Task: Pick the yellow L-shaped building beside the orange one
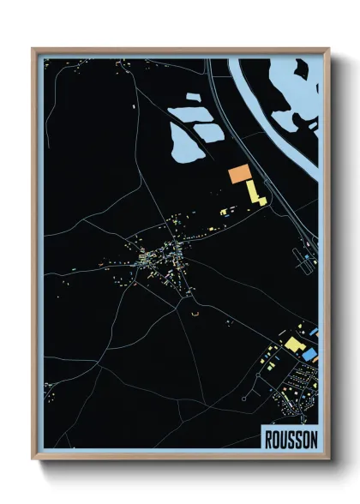point(255,193)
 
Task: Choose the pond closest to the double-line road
point(208,130)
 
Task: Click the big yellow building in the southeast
point(294,345)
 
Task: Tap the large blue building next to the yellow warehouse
point(308,353)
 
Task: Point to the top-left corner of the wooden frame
point(33,50)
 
